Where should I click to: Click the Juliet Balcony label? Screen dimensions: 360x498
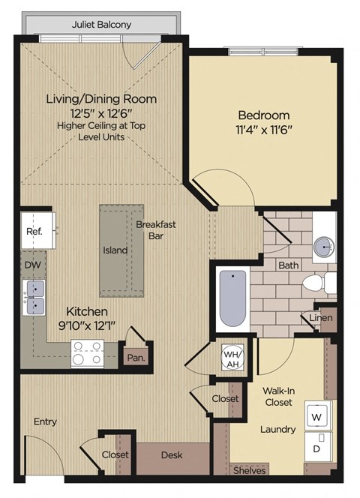coord(101,25)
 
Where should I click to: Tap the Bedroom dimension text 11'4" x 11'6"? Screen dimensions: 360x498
coord(264,130)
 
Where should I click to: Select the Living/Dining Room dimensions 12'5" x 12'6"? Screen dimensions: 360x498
coord(101,112)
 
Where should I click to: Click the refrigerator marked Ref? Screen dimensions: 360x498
coord(38,230)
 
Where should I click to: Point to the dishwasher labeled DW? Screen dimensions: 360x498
coord(34,265)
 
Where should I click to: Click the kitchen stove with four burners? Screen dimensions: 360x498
coord(88,353)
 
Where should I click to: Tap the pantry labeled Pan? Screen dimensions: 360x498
coord(136,358)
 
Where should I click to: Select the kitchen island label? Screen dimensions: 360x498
coord(115,250)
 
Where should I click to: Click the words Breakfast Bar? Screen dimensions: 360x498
coord(156,230)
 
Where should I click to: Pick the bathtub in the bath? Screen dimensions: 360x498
coord(233,298)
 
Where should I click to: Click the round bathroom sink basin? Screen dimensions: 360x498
coord(324,247)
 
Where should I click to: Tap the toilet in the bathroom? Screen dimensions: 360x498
coord(319,282)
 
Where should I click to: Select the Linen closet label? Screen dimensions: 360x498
coord(320,317)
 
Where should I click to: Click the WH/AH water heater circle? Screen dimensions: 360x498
coord(232,358)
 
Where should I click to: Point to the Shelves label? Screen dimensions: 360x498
coord(250,470)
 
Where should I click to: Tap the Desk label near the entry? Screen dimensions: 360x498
coord(172,455)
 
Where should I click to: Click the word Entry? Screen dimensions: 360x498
coord(45,421)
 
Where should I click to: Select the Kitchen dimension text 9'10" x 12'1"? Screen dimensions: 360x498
coord(87,325)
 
